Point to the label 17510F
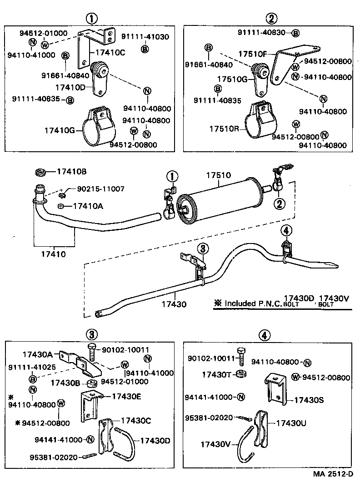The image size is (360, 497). click(252, 54)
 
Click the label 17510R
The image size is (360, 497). click(225, 129)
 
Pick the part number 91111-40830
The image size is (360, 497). click(263, 32)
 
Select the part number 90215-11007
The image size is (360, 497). click(100, 189)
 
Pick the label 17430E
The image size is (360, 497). click(125, 396)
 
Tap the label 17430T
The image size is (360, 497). click(218, 374)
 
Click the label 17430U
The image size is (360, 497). click(291, 422)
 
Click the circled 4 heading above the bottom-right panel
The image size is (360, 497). click(264, 335)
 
